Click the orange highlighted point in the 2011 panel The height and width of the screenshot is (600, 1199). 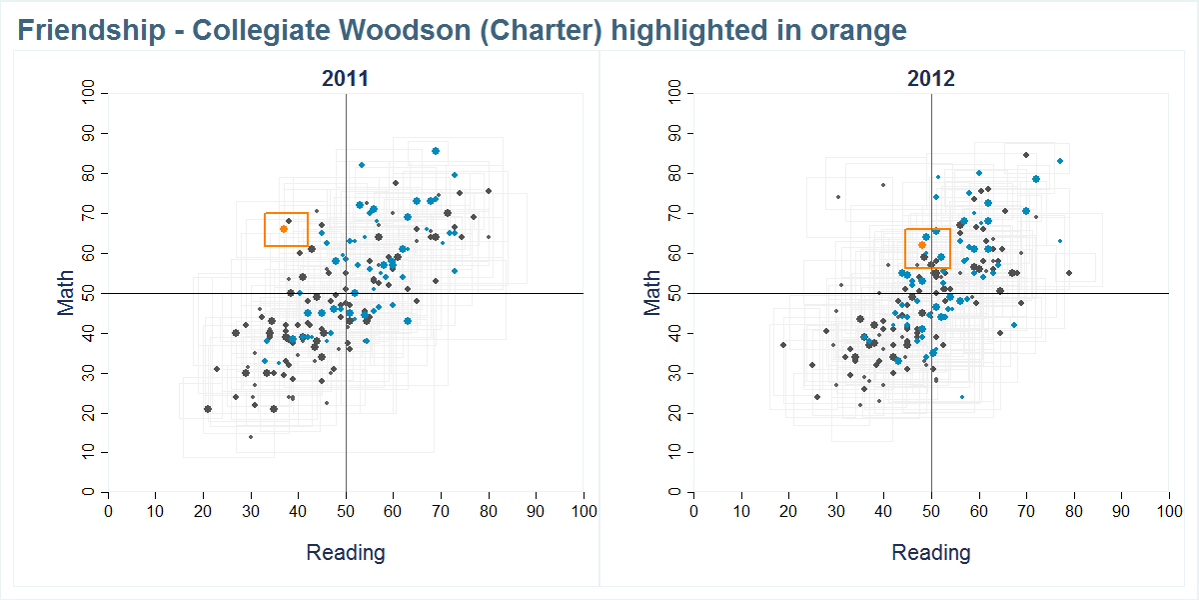point(284,229)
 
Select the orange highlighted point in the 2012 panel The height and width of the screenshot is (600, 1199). point(922,245)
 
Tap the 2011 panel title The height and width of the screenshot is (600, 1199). point(345,79)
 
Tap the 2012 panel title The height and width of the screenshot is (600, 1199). point(931,79)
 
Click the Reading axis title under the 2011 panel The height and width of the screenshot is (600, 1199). point(345,552)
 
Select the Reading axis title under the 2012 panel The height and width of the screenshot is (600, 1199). point(931,552)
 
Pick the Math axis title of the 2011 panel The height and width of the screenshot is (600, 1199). point(66,293)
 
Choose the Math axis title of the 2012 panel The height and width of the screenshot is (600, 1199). point(651,293)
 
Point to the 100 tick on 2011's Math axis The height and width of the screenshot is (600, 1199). point(90,94)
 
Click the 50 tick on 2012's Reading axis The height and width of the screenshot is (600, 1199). point(931,510)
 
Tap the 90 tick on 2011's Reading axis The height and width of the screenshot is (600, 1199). point(536,510)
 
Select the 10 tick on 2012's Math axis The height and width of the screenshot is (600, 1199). point(676,453)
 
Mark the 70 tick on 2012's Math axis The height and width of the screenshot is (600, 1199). point(676,213)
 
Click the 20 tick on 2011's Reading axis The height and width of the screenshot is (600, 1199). point(203,510)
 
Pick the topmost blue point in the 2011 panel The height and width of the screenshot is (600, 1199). point(436,151)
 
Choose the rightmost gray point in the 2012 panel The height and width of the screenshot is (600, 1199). point(1068,273)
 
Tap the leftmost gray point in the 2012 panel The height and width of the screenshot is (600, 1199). point(783,345)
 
